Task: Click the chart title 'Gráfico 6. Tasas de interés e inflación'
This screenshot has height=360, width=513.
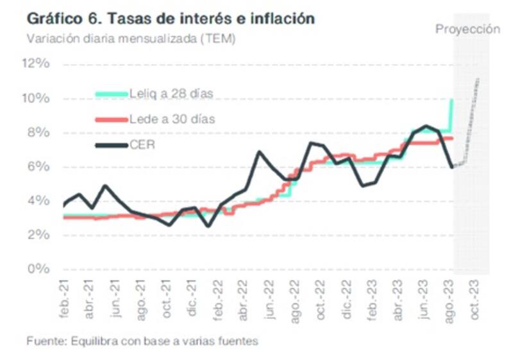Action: coord(171,19)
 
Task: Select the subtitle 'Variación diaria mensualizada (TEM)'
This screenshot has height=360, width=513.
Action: coord(131,39)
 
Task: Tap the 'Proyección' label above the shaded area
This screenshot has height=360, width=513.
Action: coord(467,29)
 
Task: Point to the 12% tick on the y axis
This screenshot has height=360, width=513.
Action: coord(36,64)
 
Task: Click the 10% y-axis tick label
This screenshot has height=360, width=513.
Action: coord(36,98)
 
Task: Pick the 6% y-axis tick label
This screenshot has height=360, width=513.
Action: coord(38,167)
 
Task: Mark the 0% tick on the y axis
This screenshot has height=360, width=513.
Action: coord(38,269)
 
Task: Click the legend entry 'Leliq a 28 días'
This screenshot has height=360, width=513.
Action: coord(171,94)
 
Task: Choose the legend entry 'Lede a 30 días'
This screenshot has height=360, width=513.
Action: coord(172,119)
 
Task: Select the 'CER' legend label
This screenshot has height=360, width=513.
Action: coord(142,145)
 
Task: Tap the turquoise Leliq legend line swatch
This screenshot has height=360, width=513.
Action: coord(111,94)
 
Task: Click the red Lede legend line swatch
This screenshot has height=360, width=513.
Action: coord(111,120)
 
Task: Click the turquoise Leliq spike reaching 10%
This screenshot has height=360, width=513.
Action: coord(451,112)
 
